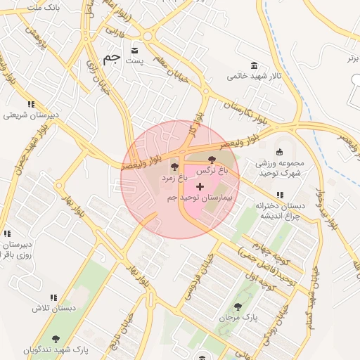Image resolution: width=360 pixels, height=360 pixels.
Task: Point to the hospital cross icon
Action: (x=200, y=187)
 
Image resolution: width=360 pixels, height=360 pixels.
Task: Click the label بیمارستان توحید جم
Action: (x=200, y=199)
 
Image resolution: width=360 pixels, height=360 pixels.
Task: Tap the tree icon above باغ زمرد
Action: (x=174, y=167)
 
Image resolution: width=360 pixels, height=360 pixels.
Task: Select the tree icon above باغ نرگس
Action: (x=213, y=160)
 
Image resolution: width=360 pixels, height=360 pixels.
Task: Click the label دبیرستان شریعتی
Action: (x=32, y=115)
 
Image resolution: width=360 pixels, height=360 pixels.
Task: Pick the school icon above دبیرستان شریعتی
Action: (x=31, y=104)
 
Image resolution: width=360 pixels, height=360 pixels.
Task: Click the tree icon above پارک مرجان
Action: (x=238, y=307)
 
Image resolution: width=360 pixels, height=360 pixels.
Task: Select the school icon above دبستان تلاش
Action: (x=53, y=297)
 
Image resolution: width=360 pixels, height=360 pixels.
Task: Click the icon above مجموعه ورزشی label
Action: (x=279, y=152)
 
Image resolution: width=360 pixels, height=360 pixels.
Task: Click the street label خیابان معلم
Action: (x=172, y=71)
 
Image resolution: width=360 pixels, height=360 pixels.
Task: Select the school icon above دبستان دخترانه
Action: (x=280, y=195)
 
